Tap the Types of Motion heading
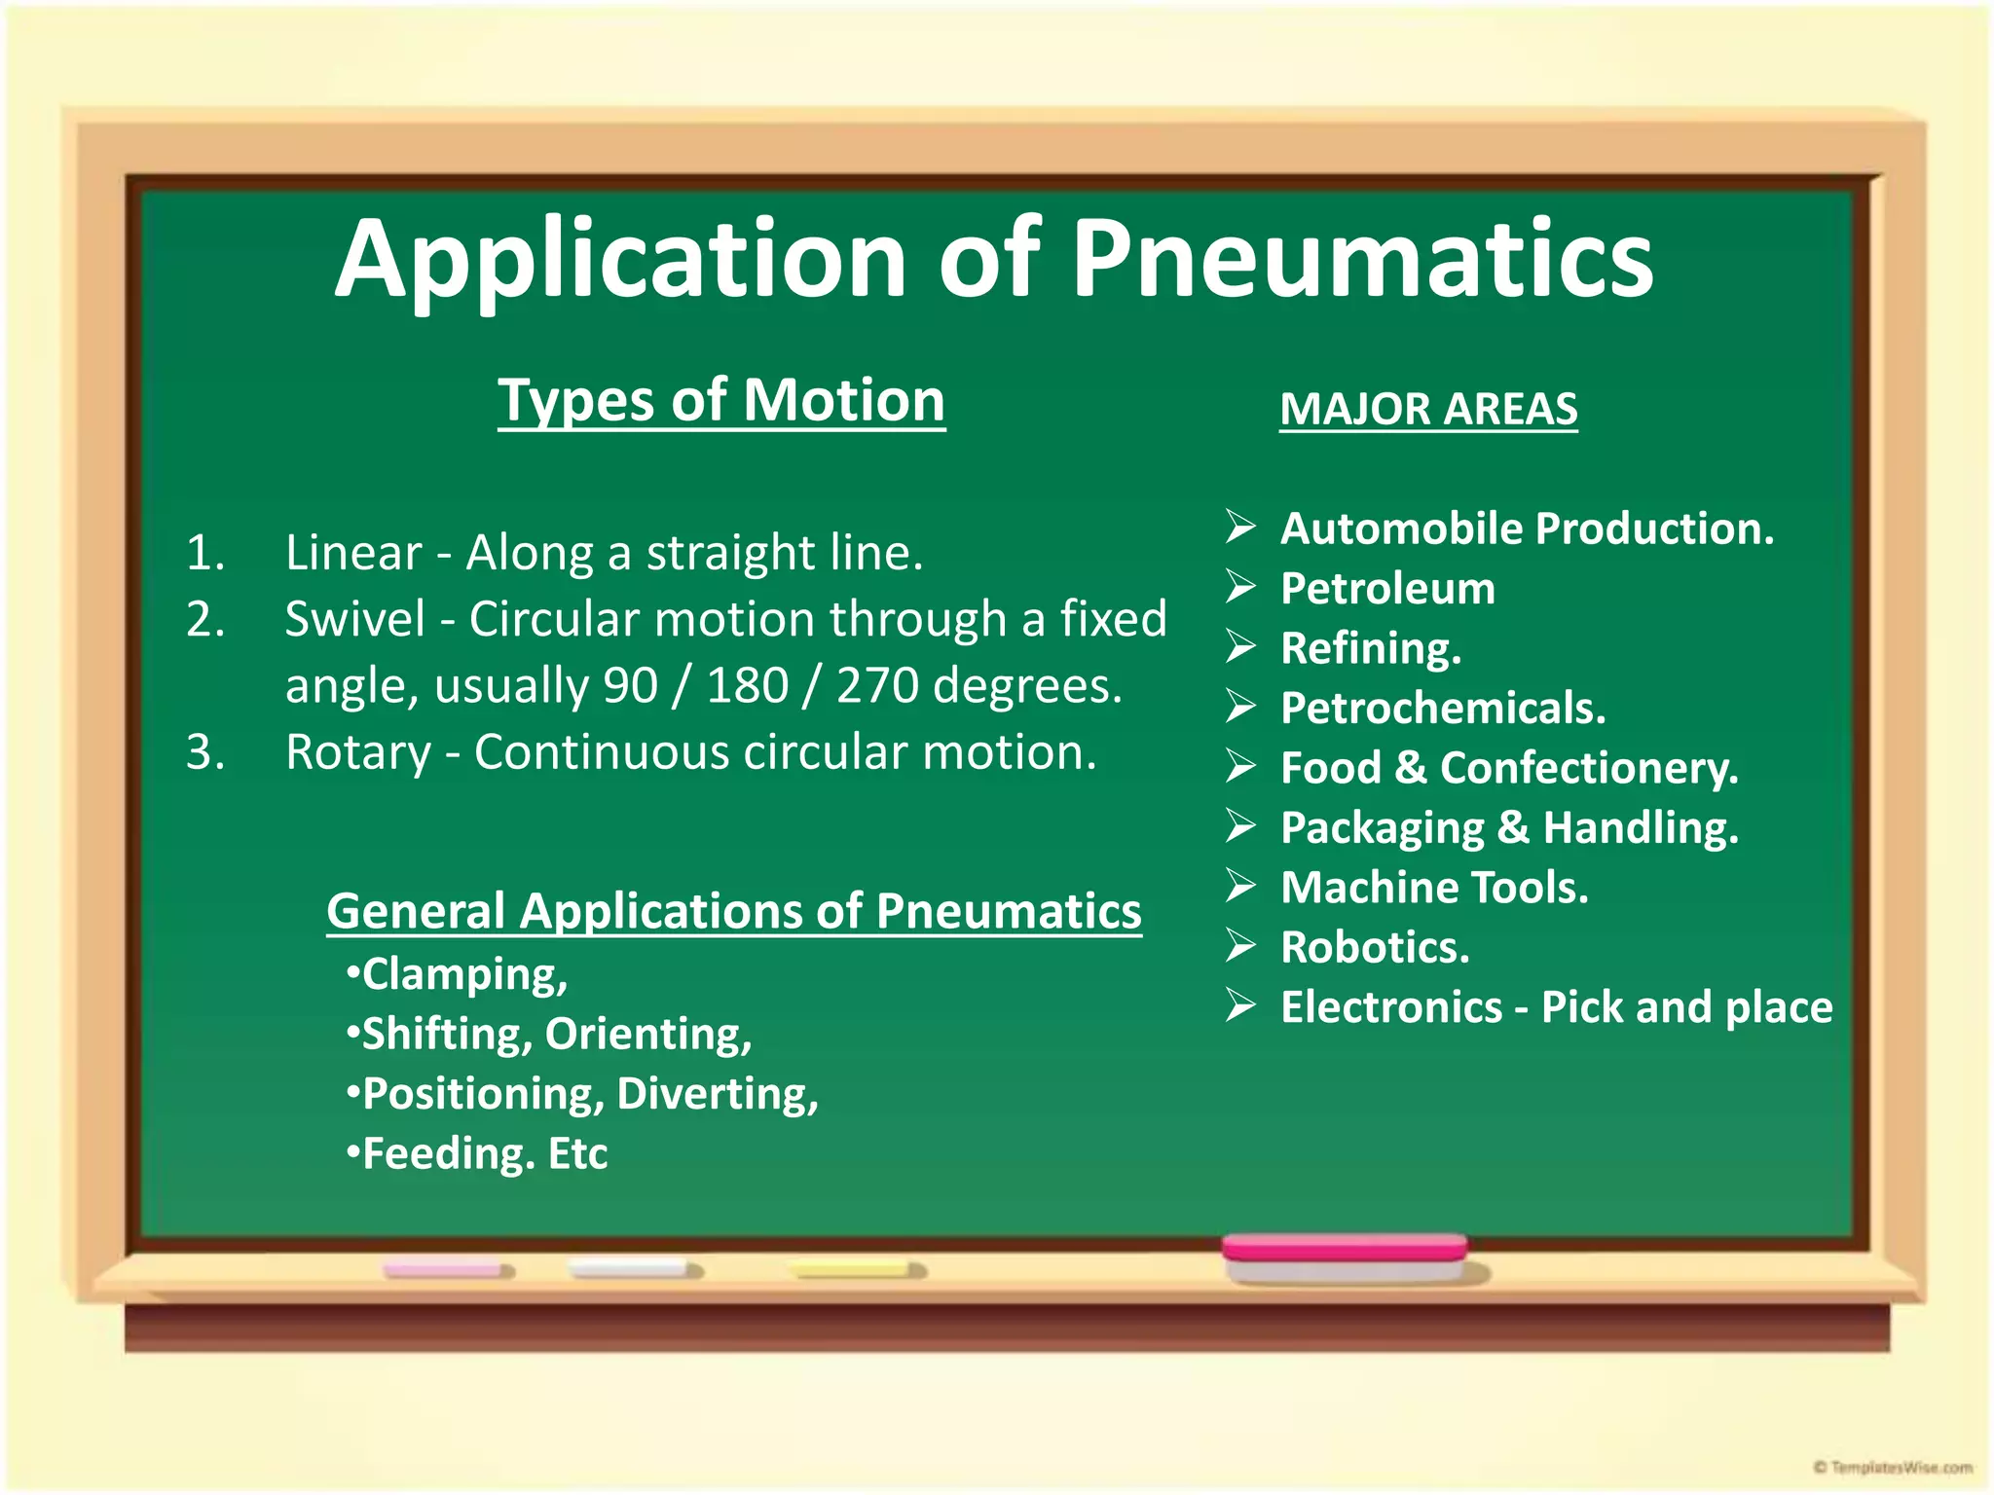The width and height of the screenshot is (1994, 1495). pyautogui.click(x=721, y=400)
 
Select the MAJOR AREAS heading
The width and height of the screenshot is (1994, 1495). pyautogui.click(x=1427, y=409)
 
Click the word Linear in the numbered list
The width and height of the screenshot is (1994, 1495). pyautogui.click(x=353, y=553)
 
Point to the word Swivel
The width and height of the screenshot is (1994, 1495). pyautogui.click(x=355, y=619)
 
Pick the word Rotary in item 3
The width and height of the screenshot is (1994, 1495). pyautogui.click(x=358, y=752)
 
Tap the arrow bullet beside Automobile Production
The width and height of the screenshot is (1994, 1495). pyautogui.click(x=1240, y=528)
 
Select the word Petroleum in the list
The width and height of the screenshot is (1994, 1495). pyautogui.click(x=1387, y=589)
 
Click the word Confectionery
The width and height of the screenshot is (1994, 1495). pyautogui.click(x=1588, y=768)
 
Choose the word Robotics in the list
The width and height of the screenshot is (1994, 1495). pyautogui.click(x=1375, y=947)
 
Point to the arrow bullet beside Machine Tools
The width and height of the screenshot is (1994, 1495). pyautogui.click(x=1240, y=887)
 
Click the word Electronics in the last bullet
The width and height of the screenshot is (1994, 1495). pyautogui.click(x=1391, y=1007)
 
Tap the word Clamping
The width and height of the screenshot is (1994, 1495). pyautogui.click(x=464, y=974)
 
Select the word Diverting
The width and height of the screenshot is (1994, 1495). pyautogui.click(x=717, y=1094)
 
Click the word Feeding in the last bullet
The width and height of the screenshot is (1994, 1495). pyautogui.click(x=449, y=1154)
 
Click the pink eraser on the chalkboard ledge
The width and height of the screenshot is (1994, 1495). pyautogui.click(x=1345, y=1258)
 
